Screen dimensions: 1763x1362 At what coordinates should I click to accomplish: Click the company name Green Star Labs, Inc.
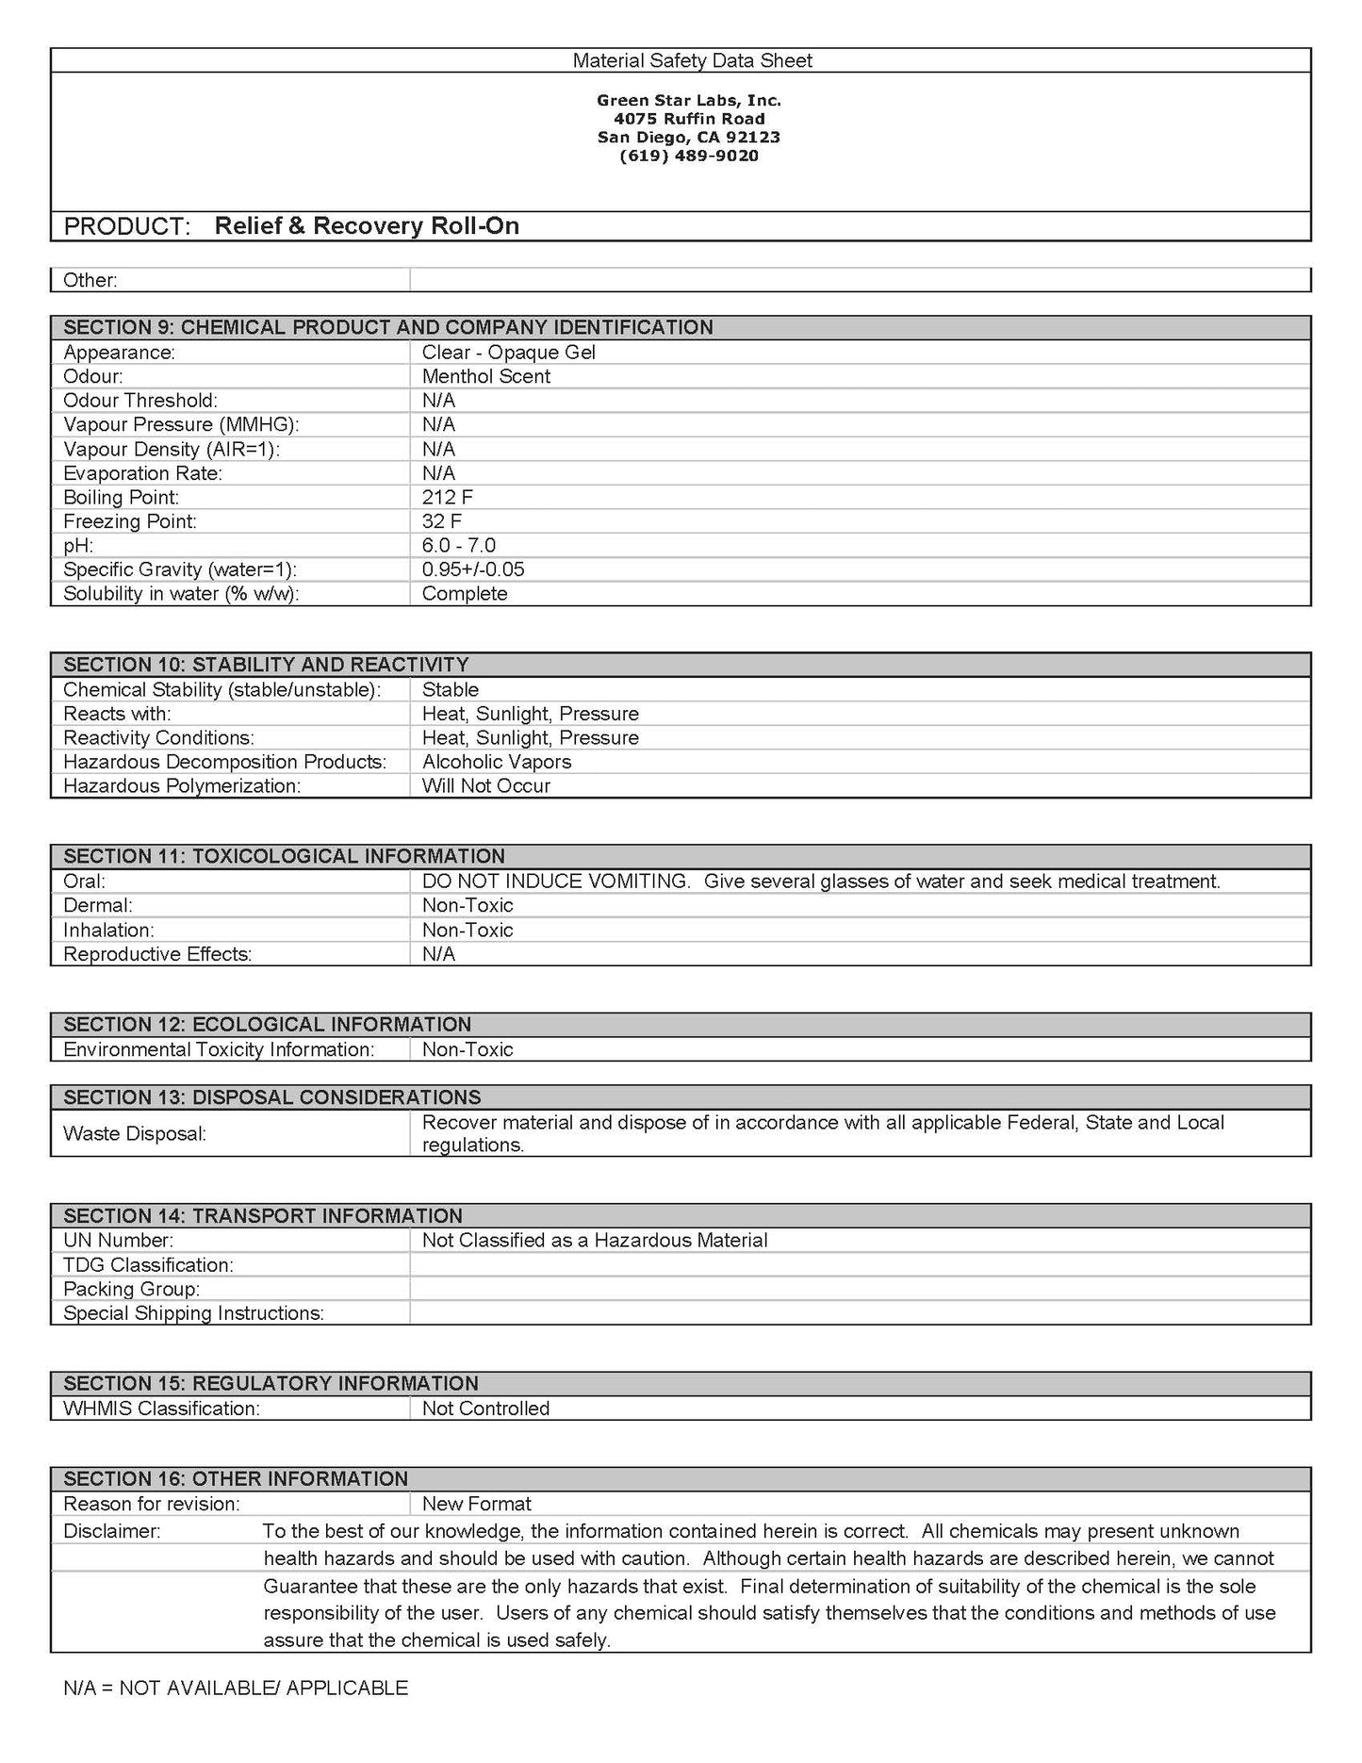[689, 100]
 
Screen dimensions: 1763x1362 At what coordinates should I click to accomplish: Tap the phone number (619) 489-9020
[689, 156]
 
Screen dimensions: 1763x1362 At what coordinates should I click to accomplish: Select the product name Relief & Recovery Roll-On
[367, 226]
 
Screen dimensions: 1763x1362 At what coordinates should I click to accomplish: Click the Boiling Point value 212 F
[448, 497]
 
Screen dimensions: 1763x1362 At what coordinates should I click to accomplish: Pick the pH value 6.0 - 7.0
[458, 546]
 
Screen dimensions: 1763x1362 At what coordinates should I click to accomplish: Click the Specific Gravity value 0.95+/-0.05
[473, 569]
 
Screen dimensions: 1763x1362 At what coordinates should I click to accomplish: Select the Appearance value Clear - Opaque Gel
[508, 353]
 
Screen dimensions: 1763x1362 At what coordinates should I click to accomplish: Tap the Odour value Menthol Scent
[485, 376]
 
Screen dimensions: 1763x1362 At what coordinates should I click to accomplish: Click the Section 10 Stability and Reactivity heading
[266, 665]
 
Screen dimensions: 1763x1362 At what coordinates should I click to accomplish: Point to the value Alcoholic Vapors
[496, 762]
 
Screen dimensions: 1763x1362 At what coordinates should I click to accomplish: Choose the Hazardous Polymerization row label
[182, 786]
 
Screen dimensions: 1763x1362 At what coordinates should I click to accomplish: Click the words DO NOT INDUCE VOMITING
[555, 881]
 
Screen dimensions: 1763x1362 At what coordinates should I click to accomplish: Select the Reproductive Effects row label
[157, 954]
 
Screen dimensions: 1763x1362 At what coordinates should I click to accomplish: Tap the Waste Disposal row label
[135, 1133]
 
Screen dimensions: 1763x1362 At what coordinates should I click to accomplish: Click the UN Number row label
[118, 1241]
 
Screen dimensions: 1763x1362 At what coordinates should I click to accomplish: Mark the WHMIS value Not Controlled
[485, 1409]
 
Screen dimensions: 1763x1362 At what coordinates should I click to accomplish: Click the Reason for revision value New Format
[476, 1504]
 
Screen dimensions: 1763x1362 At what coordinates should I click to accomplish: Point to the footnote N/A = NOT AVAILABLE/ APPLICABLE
[236, 1688]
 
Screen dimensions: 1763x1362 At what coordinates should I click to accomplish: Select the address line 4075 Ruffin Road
[689, 119]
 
